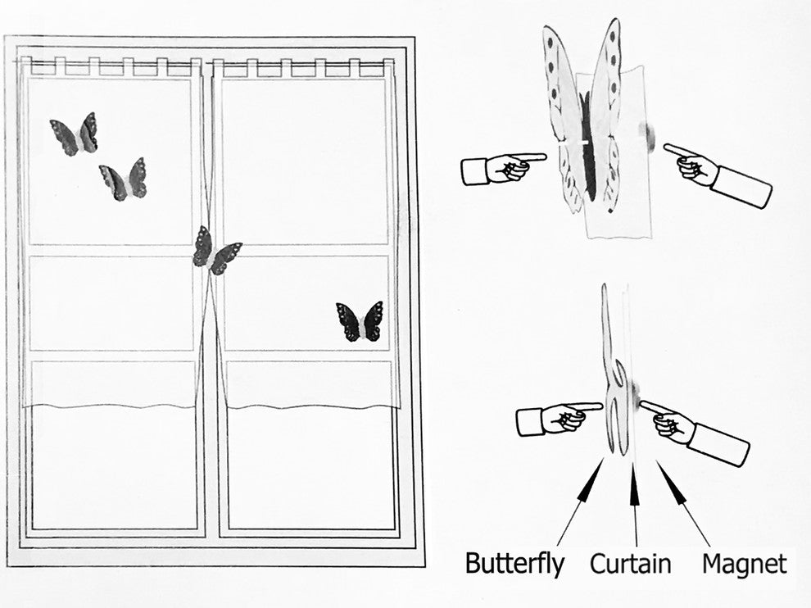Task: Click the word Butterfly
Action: [514, 564]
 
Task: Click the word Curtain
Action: [631, 564]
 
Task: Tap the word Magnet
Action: [745, 564]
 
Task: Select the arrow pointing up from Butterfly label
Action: [580, 502]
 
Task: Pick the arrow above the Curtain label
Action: [635, 503]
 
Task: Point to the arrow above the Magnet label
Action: [684, 503]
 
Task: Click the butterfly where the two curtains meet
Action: [216, 252]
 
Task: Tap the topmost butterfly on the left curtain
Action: [75, 134]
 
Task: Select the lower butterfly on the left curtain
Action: [123, 180]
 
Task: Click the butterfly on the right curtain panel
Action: [360, 322]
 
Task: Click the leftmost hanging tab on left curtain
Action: [26, 65]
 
